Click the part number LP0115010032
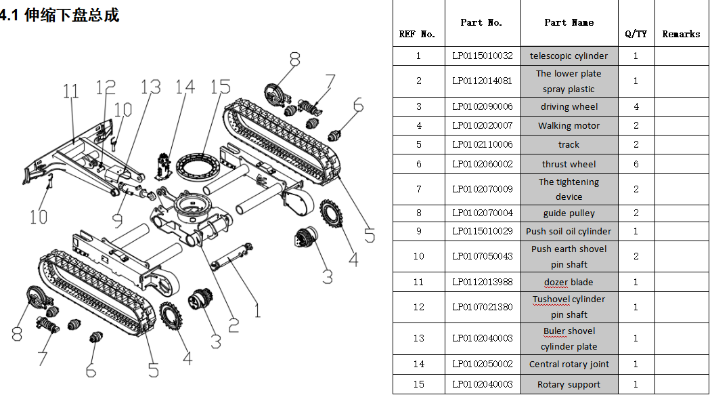pos(483,56)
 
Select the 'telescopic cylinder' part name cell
pos(569,56)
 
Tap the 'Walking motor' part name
pos(569,125)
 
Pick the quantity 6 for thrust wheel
pos(636,164)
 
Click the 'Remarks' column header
pos(681,34)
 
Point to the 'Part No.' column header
pos(481,22)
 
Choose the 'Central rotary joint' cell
pos(569,364)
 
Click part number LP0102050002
pos(483,364)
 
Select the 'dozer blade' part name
pos(569,282)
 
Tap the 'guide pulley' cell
pos(569,213)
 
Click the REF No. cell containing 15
pos(418,384)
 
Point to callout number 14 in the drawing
pos(184,87)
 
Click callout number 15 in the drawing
pos(220,87)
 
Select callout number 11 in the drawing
pos(71,91)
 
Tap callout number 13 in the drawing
pos(150,87)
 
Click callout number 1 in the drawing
pos(257,310)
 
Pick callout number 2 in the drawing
pos(233,325)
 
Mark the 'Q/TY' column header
pos(636,34)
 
